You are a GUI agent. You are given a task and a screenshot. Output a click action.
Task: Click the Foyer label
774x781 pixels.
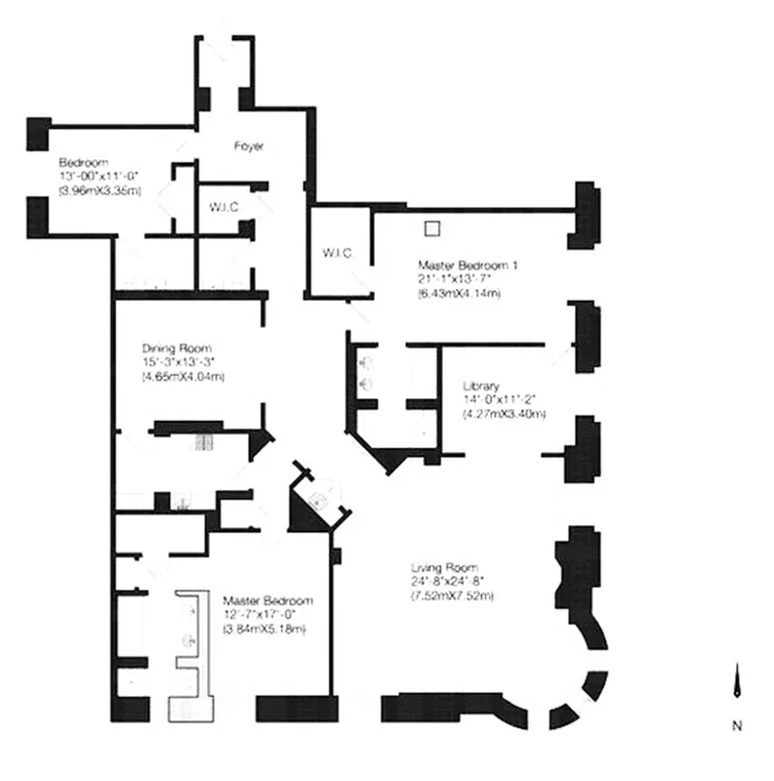coord(249,146)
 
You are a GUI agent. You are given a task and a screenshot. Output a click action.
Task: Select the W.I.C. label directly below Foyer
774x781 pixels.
coord(224,207)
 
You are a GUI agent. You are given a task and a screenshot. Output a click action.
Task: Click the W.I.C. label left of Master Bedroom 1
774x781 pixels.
coord(338,254)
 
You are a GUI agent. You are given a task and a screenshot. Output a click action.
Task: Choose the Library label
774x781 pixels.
coord(481,385)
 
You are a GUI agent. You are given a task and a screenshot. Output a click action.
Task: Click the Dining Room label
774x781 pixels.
coord(177,348)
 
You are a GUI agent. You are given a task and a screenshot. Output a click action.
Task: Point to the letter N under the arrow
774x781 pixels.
coord(738,726)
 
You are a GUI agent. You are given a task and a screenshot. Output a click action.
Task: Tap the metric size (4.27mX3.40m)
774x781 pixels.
coord(504,414)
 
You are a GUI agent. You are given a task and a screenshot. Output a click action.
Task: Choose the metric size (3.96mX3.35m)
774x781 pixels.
coord(100,191)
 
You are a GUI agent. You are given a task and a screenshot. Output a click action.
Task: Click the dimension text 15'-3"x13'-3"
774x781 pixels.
coord(177,362)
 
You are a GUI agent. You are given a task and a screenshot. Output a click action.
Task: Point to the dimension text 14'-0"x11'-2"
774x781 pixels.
coord(500,399)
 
